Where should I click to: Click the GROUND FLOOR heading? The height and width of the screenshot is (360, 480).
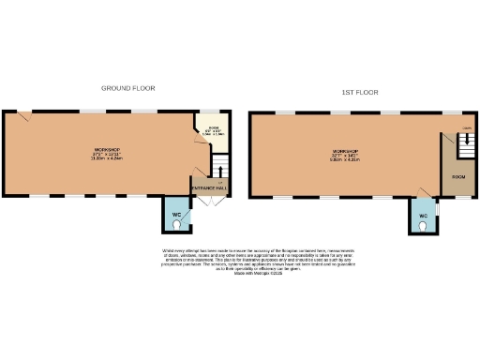pyautogui.click(x=128, y=88)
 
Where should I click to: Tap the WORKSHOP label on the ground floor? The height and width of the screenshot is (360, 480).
pyautogui.click(x=106, y=150)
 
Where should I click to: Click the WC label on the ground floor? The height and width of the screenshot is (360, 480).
pyautogui.click(x=175, y=216)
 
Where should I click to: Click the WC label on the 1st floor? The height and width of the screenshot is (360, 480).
pyautogui.click(x=423, y=216)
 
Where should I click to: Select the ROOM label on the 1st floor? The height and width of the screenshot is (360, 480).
pyautogui.click(x=459, y=177)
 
